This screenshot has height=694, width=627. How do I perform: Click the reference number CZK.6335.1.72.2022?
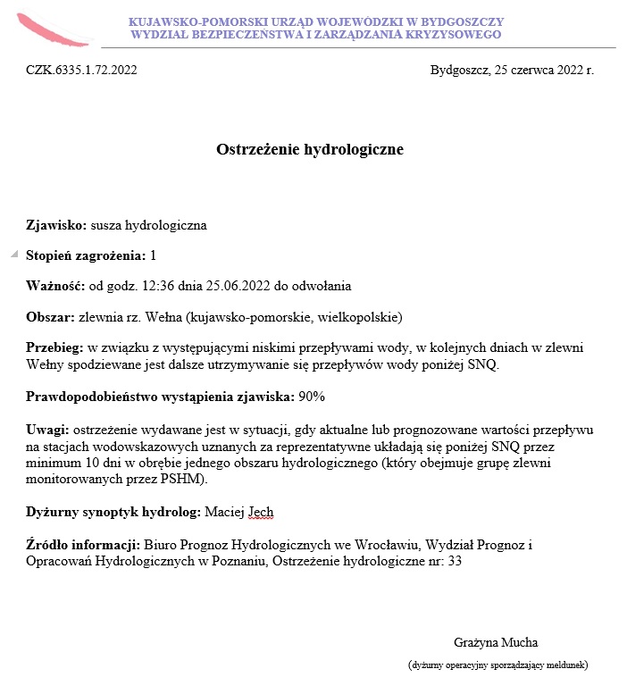[81, 70]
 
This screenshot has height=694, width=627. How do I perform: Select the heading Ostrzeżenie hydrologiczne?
[310, 149]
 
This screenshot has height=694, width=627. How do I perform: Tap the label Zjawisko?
[56, 225]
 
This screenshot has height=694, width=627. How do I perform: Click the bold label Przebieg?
[54, 347]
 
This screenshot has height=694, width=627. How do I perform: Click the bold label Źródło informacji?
[83, 544]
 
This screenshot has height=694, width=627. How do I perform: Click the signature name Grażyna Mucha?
[496, 642]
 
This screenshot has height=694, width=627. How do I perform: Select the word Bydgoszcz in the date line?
[459, 70]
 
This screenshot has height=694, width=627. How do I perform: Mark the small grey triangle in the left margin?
[13, 255]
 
